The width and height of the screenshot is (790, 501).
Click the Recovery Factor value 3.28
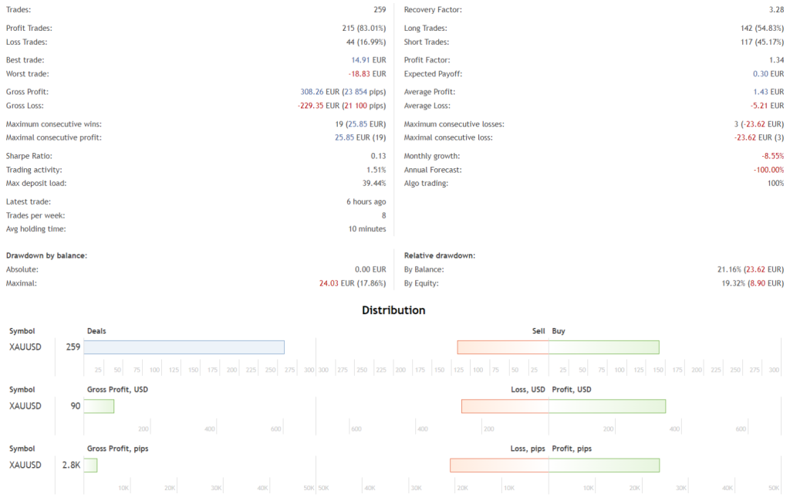click(776, 9)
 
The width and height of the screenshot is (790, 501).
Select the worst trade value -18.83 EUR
click(368, 74)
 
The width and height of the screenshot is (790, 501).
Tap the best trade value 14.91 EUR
click(370, 60)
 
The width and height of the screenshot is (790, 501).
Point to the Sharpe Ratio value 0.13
click(378, 156)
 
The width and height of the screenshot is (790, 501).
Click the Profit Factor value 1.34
click(776, 60)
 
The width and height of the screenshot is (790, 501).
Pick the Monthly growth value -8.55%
click(771, 156)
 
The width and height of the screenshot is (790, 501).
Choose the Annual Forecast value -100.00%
click(768, 170)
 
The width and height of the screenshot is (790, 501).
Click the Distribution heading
click(393, 310)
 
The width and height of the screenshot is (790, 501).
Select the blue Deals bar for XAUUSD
click(184, 347)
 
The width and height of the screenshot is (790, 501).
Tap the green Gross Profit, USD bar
click(99, 406)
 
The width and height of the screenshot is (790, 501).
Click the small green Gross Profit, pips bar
click(90, 465)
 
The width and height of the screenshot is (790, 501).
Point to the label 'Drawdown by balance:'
click(46, 255)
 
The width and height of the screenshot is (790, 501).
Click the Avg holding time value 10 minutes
click(367, 228)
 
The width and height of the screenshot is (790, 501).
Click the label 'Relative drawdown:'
click(440, 255)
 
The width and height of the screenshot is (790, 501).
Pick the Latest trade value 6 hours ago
click(366, 201)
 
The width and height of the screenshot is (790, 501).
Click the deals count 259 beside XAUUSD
click(73, 347)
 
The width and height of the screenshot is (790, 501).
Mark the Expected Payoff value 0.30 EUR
click(768, 74)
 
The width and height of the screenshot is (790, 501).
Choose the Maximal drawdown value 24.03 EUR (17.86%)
click(353, 283)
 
